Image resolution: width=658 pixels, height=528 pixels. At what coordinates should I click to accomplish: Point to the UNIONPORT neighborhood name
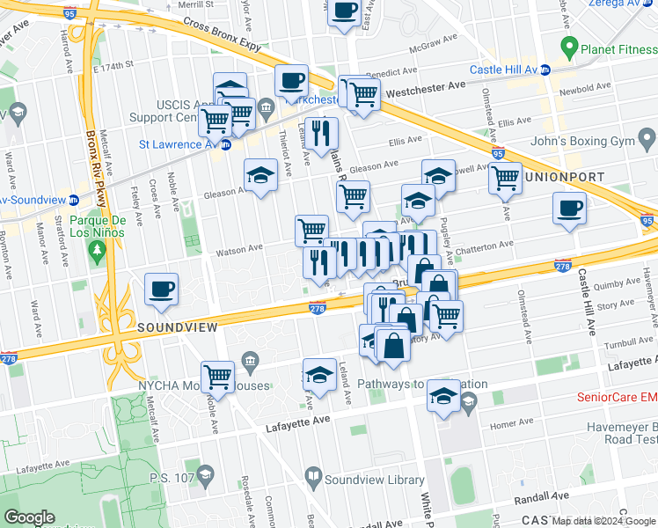click(564, 177)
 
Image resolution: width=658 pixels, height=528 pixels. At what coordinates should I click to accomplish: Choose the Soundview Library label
click(374, 480)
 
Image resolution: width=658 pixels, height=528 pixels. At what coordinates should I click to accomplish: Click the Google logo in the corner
click(30, 517)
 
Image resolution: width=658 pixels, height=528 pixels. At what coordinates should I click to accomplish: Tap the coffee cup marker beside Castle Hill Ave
click(569, 209)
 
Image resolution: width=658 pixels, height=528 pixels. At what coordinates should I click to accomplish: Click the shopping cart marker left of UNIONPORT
click(505, 178)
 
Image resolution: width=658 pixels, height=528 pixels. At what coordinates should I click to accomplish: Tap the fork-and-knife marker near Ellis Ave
click(321, 133)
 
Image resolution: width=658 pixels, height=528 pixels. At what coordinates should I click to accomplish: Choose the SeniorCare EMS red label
click(616, 397)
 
